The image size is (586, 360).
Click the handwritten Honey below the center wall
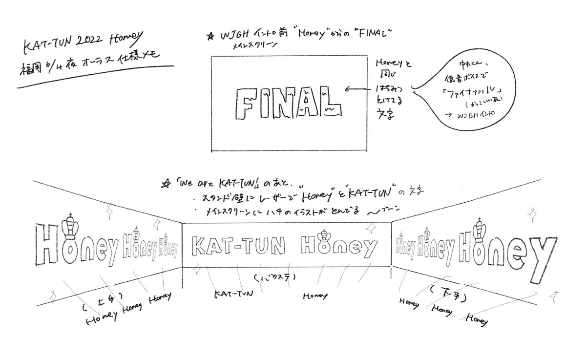tap(314, 296)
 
